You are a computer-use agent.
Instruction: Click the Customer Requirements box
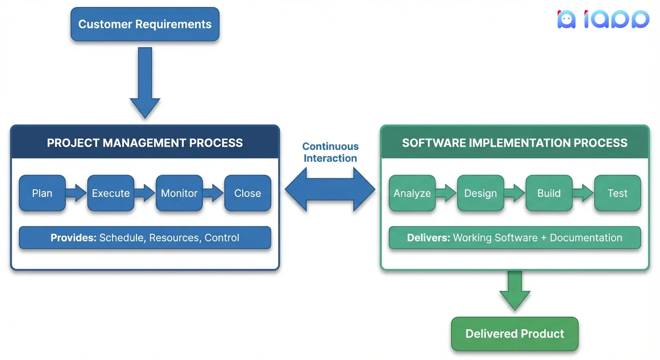tap(145, 24)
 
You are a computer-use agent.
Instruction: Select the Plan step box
tap(42, 193)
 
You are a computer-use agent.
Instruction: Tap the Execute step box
tap(111, 193)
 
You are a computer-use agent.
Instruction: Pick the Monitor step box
tap(179, 193)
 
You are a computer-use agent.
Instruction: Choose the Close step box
tap(247, 193)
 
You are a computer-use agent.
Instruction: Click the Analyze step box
tap(412, 193)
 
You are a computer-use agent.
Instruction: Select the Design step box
tap(480, 193)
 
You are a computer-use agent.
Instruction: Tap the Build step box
tap(549, 193)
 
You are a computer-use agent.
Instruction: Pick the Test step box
tap(617, 193)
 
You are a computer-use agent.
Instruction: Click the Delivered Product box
tap(515, 334)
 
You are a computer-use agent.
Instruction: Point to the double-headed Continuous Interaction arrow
tap(330, 189)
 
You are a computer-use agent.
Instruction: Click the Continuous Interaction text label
tap(330, 152)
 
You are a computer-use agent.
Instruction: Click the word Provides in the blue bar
tap(73, 238)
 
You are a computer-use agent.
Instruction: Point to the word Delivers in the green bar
tap(428, 238)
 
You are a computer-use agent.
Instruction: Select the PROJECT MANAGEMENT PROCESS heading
tap(145, 143)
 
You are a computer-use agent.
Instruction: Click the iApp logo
tap(603, 20)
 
